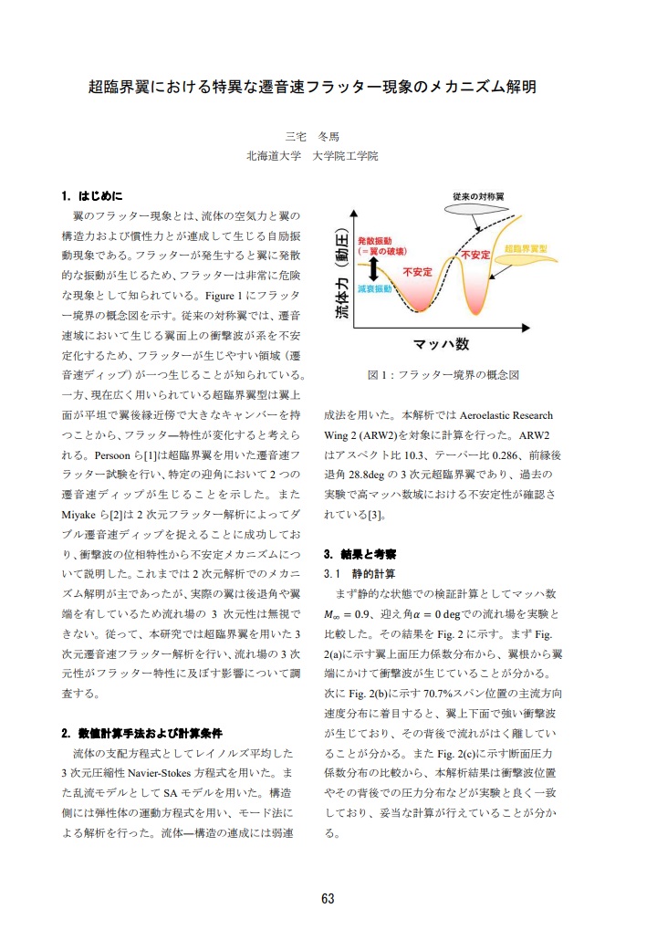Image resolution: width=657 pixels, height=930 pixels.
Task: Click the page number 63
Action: coord(328,898)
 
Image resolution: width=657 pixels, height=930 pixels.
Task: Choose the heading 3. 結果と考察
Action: coord(360,554)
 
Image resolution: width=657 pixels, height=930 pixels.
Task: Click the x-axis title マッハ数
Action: coord(442,343)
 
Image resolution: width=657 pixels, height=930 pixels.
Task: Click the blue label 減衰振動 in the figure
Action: coord(375,288)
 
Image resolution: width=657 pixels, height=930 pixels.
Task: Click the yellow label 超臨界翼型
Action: coord(526,248)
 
